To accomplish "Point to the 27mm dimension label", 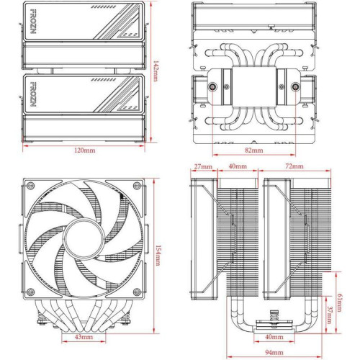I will point(203,167).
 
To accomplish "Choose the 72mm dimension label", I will point(293,167).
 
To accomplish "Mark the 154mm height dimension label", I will point(157,255).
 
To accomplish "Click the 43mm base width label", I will point(81,337).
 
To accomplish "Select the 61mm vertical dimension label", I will point(341,297).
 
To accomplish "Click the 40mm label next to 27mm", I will point(233,167).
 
